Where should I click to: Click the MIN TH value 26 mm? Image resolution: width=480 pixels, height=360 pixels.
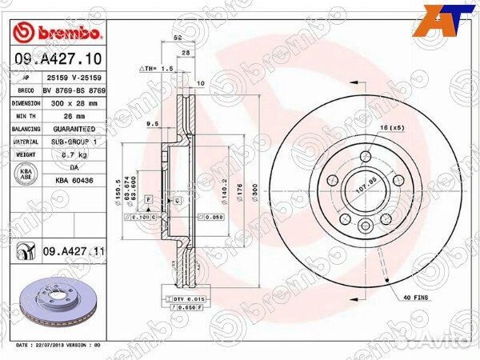64,116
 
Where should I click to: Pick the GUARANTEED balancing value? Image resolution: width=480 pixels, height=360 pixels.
74,129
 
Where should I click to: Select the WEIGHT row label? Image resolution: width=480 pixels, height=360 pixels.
26,154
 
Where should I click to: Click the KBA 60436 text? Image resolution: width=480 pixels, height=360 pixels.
74,180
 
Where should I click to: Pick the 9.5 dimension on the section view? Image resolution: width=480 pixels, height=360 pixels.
152,124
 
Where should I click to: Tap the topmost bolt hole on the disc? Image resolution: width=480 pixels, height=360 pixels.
366,157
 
